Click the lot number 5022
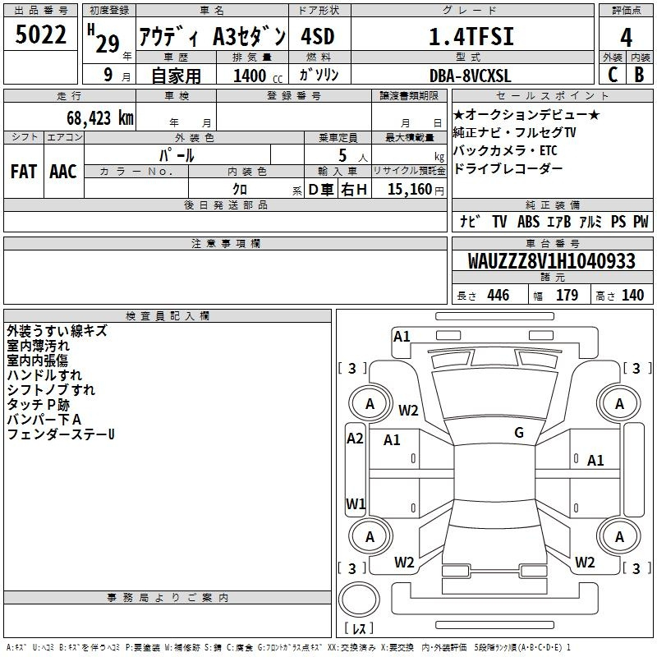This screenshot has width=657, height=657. (40, 34)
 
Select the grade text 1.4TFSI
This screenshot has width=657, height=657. (471, 36)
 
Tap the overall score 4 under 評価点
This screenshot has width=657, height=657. (626, 37)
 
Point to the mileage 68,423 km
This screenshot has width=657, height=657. (100, 118)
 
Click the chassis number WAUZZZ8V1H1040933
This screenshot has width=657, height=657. (551, 261)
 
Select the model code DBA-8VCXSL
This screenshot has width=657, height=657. (470, 76)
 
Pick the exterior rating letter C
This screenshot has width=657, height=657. (613, 75)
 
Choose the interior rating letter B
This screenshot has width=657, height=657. (639, 75)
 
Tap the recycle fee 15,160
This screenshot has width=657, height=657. (410, 190)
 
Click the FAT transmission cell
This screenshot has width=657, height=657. (24, 172)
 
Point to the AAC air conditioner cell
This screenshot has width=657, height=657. (63, 172)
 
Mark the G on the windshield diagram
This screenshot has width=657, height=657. (519, 433)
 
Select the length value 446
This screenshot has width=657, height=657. (498, 295)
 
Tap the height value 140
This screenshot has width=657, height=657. (632, 295)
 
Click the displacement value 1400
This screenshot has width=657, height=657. (250, 76)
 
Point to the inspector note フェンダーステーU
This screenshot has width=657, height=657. (61, 434)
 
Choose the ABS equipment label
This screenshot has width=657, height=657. (528, 221)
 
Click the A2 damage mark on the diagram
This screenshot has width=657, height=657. (355, 439)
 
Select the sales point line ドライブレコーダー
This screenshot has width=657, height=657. (508, 168)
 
